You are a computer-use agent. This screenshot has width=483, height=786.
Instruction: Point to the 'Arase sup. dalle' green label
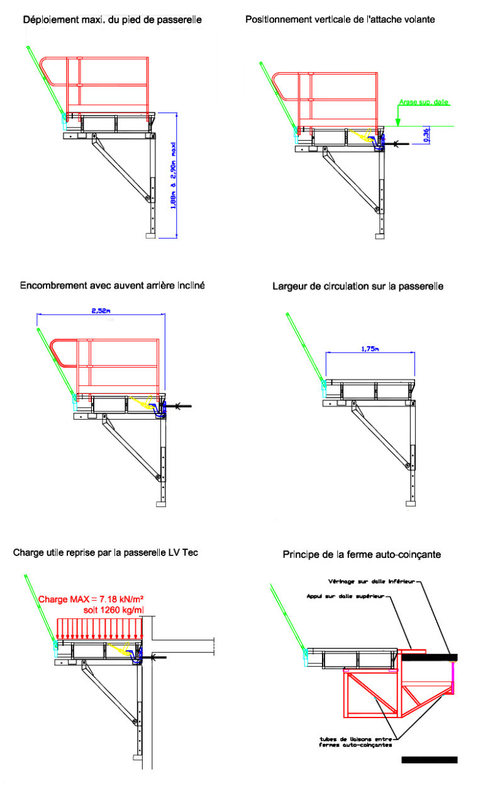point(424,102)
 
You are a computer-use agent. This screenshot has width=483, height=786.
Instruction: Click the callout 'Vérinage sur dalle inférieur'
point(372,581)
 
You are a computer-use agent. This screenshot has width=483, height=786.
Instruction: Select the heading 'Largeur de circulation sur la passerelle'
point(358,287)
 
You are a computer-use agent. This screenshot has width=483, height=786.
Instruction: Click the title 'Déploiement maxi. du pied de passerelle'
point(113,20)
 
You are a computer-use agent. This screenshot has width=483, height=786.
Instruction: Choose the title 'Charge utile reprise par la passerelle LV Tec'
point(106,553)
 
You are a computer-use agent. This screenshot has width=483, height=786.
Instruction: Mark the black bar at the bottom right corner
point(429,760)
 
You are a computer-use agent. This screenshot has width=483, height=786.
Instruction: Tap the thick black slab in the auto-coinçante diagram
point(430,657)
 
